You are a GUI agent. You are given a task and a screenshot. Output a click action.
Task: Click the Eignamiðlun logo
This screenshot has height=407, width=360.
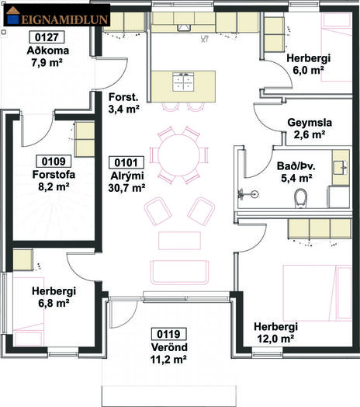pyautogui.click(x=57, y=15)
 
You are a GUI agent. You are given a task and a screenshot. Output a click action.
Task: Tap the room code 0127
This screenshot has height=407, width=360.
pyautogui.click(x=47, y=37)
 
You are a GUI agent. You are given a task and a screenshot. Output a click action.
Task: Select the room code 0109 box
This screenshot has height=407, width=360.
pyautogui.click(x=54, y=162)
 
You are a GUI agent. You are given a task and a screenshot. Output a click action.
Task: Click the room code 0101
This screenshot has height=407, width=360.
pyautogui.click(x=126, y=162)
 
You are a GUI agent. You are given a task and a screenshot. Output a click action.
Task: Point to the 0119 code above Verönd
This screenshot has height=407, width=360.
pyautogui.click(x=168, y=334)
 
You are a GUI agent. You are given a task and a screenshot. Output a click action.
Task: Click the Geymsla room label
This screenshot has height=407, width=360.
pyautogui.click(x=310, y=123)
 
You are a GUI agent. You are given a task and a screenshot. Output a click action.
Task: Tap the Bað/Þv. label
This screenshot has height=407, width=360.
pyautogui.click(x=296, y=166)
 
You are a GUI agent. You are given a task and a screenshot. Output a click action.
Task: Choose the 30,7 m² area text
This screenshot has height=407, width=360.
pyautogui.click(x=126, y=188)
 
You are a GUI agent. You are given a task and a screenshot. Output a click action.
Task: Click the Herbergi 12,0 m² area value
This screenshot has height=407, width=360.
pyautogui.click(x=275, y=339)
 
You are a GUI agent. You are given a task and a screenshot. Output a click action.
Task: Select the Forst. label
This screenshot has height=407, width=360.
pyautogui.click(x=123, y=97)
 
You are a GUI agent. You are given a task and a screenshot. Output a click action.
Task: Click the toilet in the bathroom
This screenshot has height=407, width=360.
pyautogui.click(x=301, y=198)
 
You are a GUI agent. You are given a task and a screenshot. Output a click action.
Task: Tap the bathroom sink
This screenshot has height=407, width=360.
pyautogui.click(x=340, y=168)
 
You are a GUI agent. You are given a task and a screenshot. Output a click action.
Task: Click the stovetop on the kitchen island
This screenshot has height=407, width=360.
pyautogui.click(x=183, y=82)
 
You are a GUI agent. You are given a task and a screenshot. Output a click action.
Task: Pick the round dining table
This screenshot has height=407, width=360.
pyautogui.click(x=178, y=155)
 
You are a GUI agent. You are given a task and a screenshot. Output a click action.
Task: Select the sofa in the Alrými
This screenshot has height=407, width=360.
pyautogui.click(x=179, y=273)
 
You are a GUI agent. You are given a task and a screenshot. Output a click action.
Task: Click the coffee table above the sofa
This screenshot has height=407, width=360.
pyautogui.click(x=179, y=241)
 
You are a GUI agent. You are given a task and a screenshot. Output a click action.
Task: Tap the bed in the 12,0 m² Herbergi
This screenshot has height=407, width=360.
pyautogui.click(x=317, y=293)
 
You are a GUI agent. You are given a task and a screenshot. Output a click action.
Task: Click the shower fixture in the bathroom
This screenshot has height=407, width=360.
pyautogui.click(x=247, y=194)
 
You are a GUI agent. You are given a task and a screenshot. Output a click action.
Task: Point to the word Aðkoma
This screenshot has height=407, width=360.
pyautogui.click(x=48, y=50)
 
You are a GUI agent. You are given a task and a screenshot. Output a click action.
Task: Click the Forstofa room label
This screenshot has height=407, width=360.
pyautogui.click(x=54, y=175)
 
